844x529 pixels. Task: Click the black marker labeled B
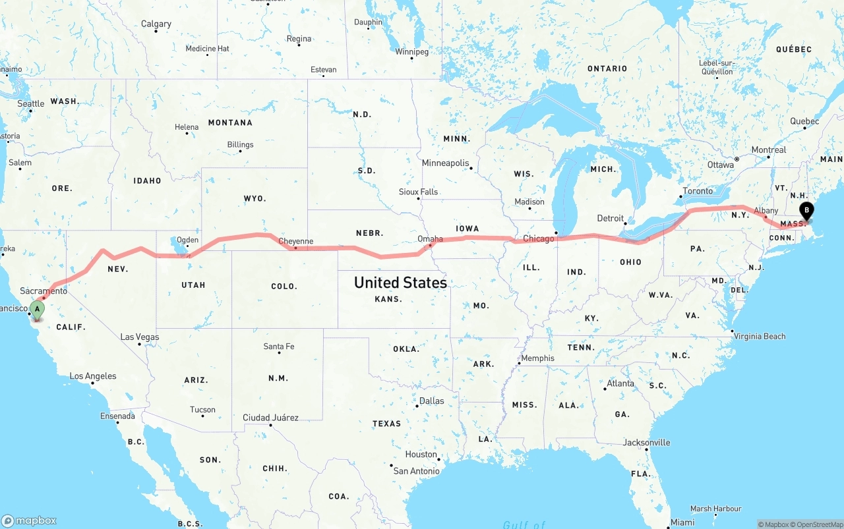(806, 211)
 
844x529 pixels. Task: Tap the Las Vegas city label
(139, 337)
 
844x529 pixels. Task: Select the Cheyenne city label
(295, 241)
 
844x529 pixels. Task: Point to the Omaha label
(430, 239)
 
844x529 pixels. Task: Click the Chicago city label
(538, 238)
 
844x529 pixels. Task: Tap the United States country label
(400, 283)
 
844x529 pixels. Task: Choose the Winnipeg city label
(411, 51)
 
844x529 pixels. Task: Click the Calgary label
(156, 24)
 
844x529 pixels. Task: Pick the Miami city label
(682, 522)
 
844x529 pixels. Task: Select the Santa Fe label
(279, 347)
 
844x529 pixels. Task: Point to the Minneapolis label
(445, 163)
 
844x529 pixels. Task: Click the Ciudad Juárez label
(270, 418)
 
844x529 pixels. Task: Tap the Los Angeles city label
(93, 376)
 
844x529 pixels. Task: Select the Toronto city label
(698, 191)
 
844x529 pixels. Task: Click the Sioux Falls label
(418, 192)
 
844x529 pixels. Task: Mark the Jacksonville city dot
(647, 450)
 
